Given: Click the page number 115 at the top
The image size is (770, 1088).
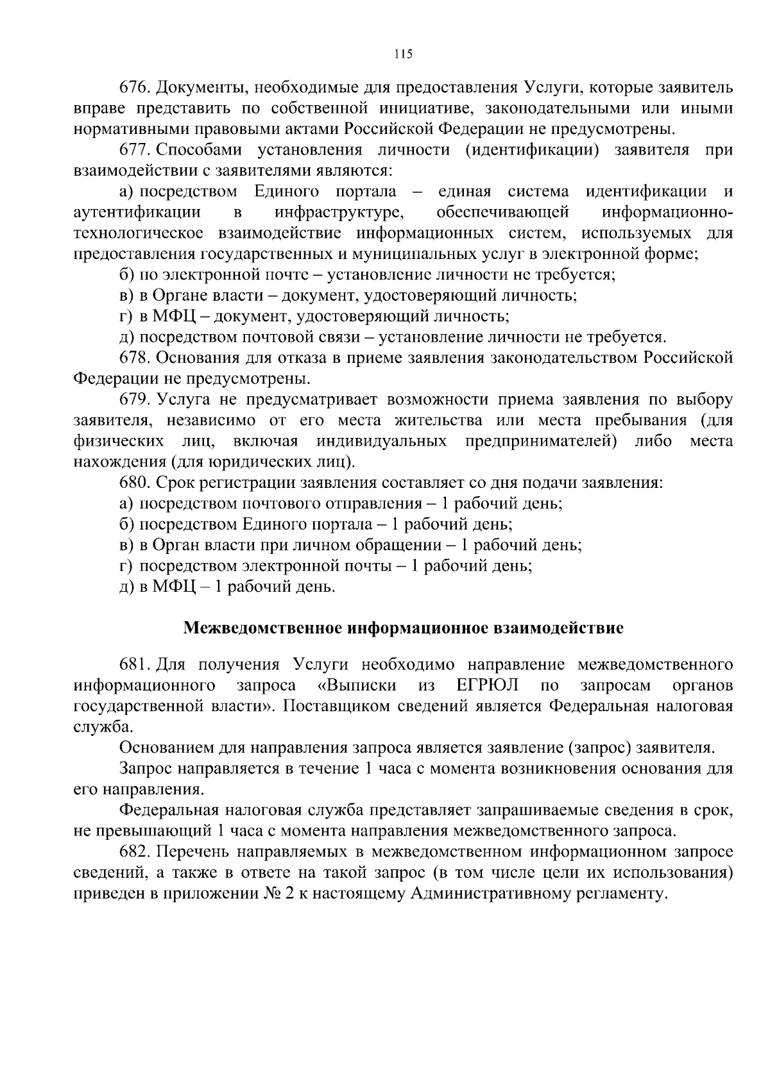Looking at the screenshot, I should click(403, 54).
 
